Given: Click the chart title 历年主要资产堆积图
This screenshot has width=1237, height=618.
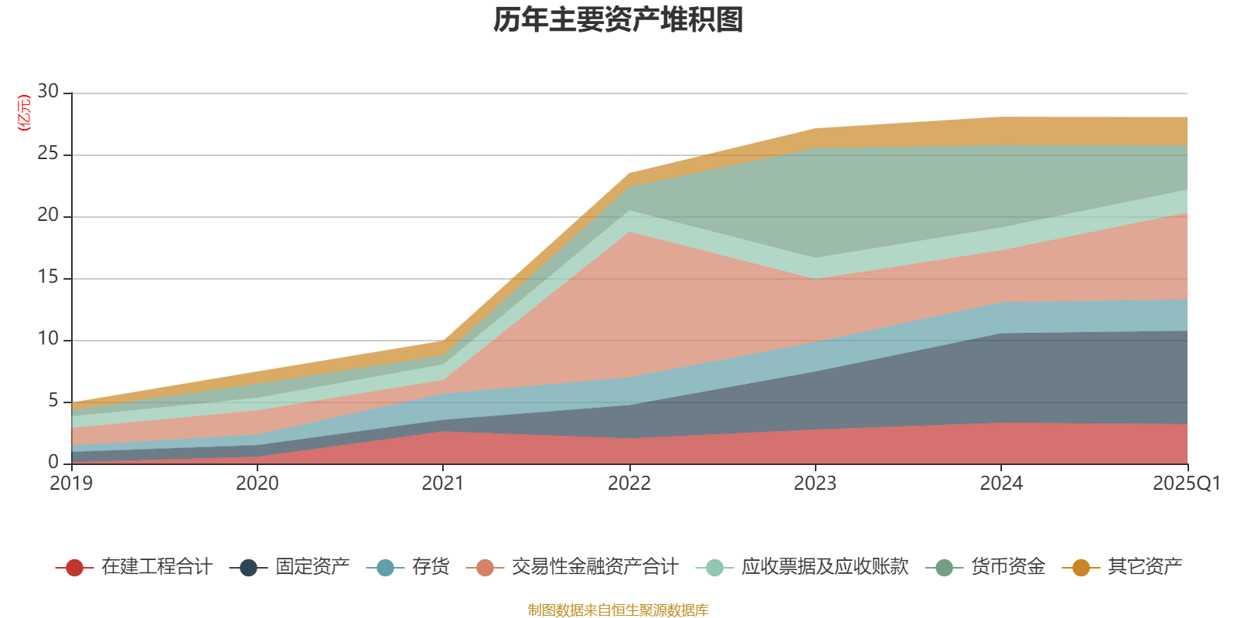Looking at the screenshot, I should pyautogui.click(x=618, y=20).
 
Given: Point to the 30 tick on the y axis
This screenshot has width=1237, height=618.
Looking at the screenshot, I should pyautogui.click(x=48, y=91).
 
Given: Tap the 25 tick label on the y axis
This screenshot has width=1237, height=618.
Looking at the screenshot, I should pyautogui.click(x=48, y=154).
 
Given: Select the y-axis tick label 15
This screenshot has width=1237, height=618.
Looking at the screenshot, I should pyautogui.click(x=48, y=277).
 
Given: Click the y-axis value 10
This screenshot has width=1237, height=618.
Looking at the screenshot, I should pyautogui.click(x=48, y=339).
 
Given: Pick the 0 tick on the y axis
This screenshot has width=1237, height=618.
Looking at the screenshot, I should pyautogui.click(x=53, y=462).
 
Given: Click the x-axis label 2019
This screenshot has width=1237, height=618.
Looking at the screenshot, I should pyautogui.click(x=71, y=484).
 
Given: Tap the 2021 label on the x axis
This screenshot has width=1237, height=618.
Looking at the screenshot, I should pyautogui.click(x=443, y=484).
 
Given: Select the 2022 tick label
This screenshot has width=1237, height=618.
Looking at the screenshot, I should pyautogui.click(x=629, y=484).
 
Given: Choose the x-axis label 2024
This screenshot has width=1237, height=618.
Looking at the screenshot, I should pyautogui.click(x=1001, y=484).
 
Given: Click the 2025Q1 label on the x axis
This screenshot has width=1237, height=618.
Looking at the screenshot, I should pyautogui.click(x=1186, y=484).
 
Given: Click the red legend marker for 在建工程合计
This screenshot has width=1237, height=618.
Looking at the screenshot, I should pyautogui.click(x=74, y=568).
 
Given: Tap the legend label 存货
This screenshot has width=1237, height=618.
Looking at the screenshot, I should pyautogui.click(x=431, y=567).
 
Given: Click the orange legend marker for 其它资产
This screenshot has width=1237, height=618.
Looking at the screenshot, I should pyautogui.click(x=1081, y=568).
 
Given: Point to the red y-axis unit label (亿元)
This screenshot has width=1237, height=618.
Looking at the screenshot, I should pyautogui.click(x=24, y=113).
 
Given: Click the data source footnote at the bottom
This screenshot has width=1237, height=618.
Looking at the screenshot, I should pyautogui.click(x=618, y=610).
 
